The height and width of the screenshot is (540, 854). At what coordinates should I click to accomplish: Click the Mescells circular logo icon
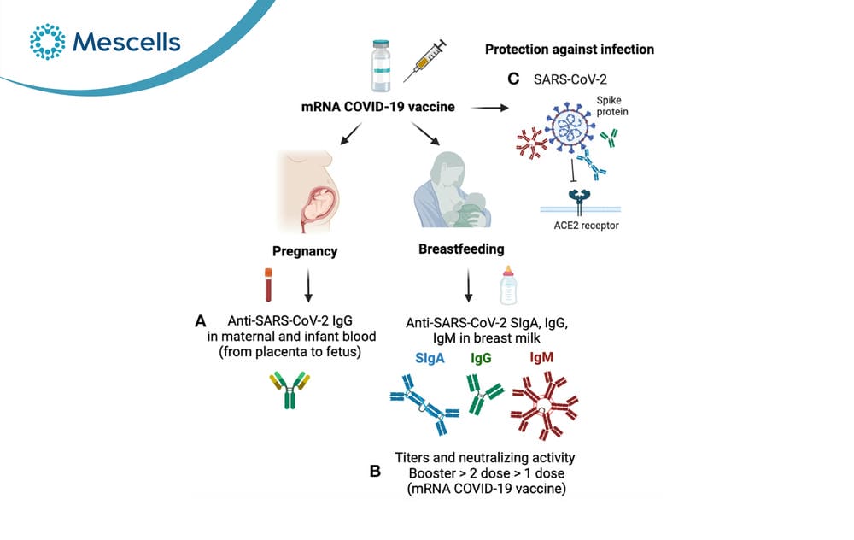(x=47, y=41)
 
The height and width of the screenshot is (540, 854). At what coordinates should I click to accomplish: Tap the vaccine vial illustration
(x=381, y=66)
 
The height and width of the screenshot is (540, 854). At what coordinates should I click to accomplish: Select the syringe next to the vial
(x=424, y=61)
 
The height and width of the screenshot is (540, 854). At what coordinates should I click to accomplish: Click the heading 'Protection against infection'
(x=569, y=50)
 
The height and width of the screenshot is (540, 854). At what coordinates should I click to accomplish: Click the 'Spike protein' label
(x=611, y=106)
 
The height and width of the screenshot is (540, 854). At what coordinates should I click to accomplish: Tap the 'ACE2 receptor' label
(x=586, y=225)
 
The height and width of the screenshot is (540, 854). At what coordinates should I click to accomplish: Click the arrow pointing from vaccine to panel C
(x=489, y=108)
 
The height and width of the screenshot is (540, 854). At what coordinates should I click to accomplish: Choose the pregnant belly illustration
(x=308, y=191)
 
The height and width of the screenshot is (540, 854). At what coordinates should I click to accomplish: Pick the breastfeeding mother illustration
(x=452, y=190)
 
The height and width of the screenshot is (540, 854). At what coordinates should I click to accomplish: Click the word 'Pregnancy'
(x=305, y=251)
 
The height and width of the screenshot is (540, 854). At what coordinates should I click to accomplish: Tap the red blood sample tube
(x=268, y=285)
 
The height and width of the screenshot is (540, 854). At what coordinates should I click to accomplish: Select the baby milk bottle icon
(x=508, y=285)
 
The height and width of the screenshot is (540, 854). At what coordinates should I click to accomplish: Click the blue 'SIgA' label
(x=430, y=358)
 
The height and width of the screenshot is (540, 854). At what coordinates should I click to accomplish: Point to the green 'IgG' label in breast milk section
(x=481, y=357)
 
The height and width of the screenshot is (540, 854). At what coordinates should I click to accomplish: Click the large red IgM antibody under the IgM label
(x=544, y=406)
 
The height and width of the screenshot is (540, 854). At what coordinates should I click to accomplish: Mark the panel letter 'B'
(x=375, y=471)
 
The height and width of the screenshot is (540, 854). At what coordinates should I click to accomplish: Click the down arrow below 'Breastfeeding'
(x=468, y=285)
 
